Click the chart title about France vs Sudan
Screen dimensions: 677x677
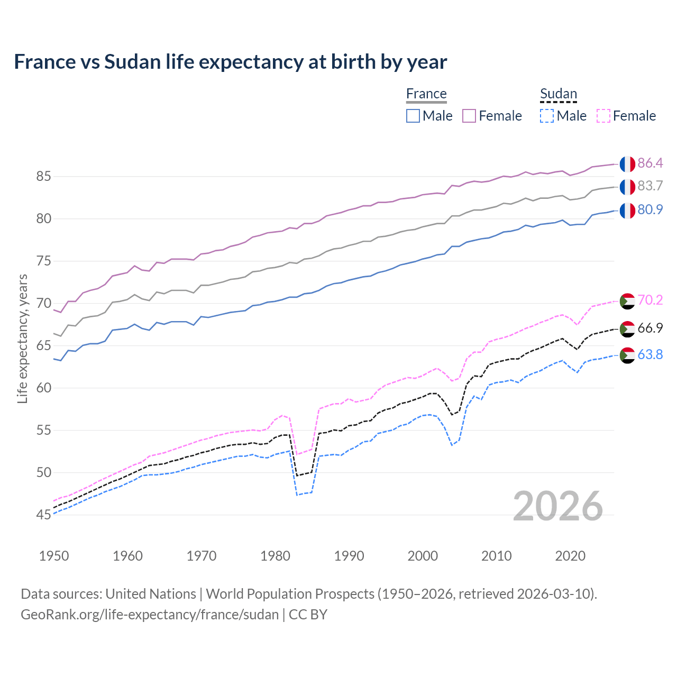tap(230, 62)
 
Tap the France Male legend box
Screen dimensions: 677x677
tap(413, 116)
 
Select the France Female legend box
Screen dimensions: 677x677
tap(469, 116)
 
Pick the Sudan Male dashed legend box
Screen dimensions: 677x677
tap(547, 116)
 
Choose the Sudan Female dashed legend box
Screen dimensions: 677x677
tap(603, 116)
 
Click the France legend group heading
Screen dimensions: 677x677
tap(426, 94)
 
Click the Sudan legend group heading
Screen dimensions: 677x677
tap(558, 94)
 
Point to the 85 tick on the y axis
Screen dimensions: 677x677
tap(43, 177)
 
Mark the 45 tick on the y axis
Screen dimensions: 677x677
tap(43, 515)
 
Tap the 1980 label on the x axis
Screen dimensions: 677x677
tap(275, 556)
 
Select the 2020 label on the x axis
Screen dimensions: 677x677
tap(570, 556)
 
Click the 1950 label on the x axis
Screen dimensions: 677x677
tap(54, 556)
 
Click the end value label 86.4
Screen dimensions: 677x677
tap(650, 163)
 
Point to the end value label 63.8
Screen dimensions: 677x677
tap(650, 355)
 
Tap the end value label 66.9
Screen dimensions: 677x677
tap(650, 328)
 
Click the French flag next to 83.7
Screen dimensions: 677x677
tap(627, 187)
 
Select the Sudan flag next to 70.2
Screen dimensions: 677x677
tap(627, 301)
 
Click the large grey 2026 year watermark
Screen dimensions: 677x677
tap(558, 507)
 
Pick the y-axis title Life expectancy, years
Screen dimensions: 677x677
tap(23, 338)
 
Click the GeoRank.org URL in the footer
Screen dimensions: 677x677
tap(150, 615)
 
